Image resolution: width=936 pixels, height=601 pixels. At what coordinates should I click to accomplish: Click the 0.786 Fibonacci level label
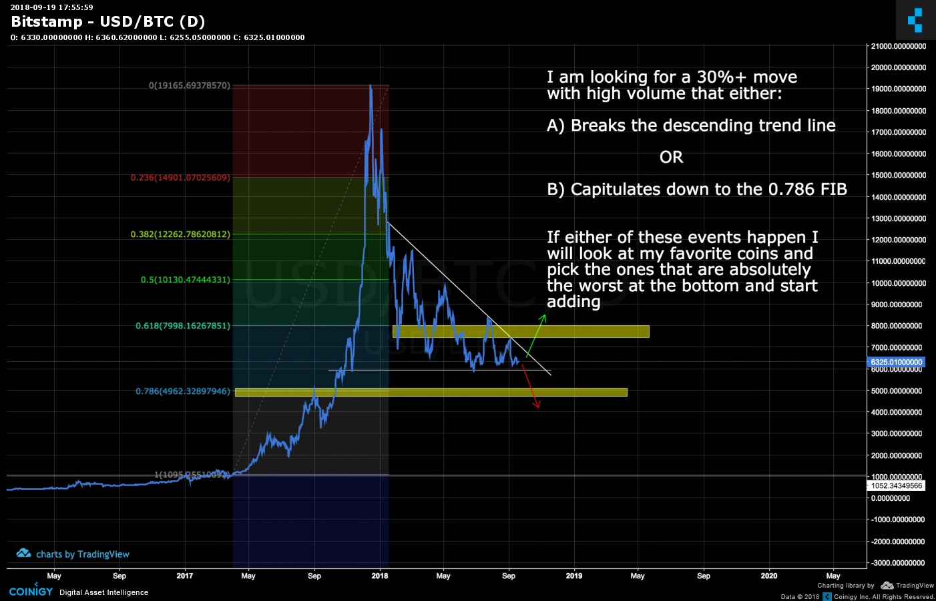point(182,391)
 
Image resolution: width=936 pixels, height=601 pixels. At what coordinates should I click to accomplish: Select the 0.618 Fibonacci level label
point(182,326)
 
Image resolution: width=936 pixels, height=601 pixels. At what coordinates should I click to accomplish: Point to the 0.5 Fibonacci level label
point(185,280)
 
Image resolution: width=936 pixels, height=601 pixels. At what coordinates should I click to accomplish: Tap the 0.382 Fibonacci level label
point(180,234)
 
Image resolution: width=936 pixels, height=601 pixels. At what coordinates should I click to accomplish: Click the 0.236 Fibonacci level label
point(180,178)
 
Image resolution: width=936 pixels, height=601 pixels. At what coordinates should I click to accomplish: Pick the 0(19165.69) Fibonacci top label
point(189,85)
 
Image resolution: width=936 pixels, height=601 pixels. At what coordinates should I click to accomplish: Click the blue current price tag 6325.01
point(896,362)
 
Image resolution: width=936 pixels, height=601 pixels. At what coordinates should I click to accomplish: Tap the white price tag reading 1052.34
point(896,485)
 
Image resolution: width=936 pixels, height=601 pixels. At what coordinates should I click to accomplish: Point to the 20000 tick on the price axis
point(898,67)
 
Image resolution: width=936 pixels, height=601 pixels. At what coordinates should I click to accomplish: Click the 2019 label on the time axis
point(573,576)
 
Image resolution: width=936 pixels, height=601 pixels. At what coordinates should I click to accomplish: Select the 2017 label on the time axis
point(184,576)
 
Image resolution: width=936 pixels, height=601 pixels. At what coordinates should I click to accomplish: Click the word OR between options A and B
point(671,158)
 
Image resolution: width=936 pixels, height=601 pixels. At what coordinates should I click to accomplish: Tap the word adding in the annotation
point(573,302)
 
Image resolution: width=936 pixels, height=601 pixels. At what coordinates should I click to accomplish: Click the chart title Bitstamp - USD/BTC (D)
point(107,22)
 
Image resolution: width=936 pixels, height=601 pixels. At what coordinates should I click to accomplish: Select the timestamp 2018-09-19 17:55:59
point(51,7)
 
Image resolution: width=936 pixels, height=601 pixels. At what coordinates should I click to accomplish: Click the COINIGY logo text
point(31,592)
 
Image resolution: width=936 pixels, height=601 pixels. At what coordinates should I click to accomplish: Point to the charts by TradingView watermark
point(73,554)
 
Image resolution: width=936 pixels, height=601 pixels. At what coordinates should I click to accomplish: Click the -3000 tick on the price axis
point(899,563)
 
